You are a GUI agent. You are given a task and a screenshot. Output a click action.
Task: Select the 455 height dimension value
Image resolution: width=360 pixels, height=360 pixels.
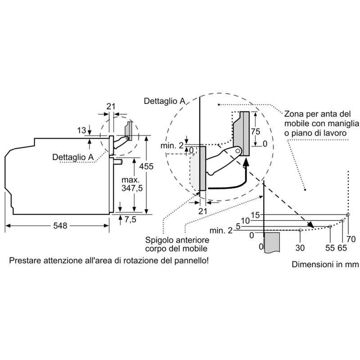(x=146, y=166)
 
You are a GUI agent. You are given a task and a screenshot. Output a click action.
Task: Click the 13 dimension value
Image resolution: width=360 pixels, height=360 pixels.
(x=81, y=130)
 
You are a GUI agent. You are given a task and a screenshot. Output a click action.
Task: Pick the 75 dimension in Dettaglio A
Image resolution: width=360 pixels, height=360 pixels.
(x=256, y=132)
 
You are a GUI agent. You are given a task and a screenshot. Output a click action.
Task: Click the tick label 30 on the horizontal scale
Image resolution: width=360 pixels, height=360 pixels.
(x=300, y=247)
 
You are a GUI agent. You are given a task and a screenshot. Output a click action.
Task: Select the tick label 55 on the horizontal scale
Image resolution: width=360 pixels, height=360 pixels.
(x=330, y=247)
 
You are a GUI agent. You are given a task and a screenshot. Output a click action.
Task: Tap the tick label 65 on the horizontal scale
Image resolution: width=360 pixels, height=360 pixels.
(x=342, y=247)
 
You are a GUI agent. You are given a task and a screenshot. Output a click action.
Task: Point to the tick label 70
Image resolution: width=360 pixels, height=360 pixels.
(x=351, y=239)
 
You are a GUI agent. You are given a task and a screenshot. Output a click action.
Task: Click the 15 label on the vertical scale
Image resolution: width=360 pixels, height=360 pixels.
(x=256, y=215)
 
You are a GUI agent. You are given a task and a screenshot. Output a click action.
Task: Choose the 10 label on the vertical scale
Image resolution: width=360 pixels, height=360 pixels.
(x=245, y=220)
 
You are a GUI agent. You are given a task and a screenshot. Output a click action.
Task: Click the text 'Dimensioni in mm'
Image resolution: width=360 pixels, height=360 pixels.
(x=325, y=265)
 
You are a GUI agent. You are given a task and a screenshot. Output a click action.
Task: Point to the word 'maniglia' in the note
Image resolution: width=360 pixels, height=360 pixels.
(x=344, y=123)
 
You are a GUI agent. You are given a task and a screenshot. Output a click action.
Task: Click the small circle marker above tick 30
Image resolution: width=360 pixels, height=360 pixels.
(x=300, y=230)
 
